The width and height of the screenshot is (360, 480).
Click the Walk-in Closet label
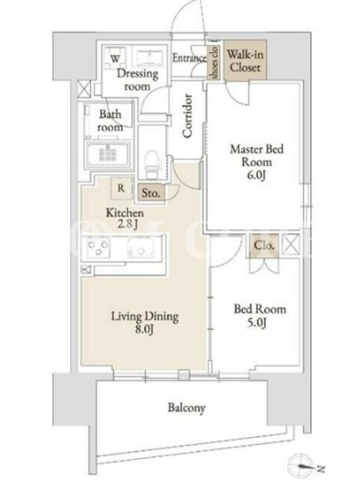point(245,61)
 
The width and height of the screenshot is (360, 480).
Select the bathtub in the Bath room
point(109,154)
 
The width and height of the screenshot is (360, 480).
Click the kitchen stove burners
point(98,248)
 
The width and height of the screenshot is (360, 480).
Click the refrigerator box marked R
point(121,188)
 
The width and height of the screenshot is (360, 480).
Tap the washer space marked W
point(115,58)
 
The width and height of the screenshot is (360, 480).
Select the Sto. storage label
point(151,193)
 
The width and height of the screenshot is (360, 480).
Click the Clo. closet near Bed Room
point(263,245)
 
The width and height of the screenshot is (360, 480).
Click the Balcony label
point(187,408)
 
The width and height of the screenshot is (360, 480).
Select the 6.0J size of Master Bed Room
point(256,175)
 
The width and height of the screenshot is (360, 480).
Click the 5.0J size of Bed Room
point(257,322)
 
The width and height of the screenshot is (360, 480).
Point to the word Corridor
point(187,115)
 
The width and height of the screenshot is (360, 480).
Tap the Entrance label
point(190,58)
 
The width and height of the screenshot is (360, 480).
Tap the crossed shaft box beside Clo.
point(290,244)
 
